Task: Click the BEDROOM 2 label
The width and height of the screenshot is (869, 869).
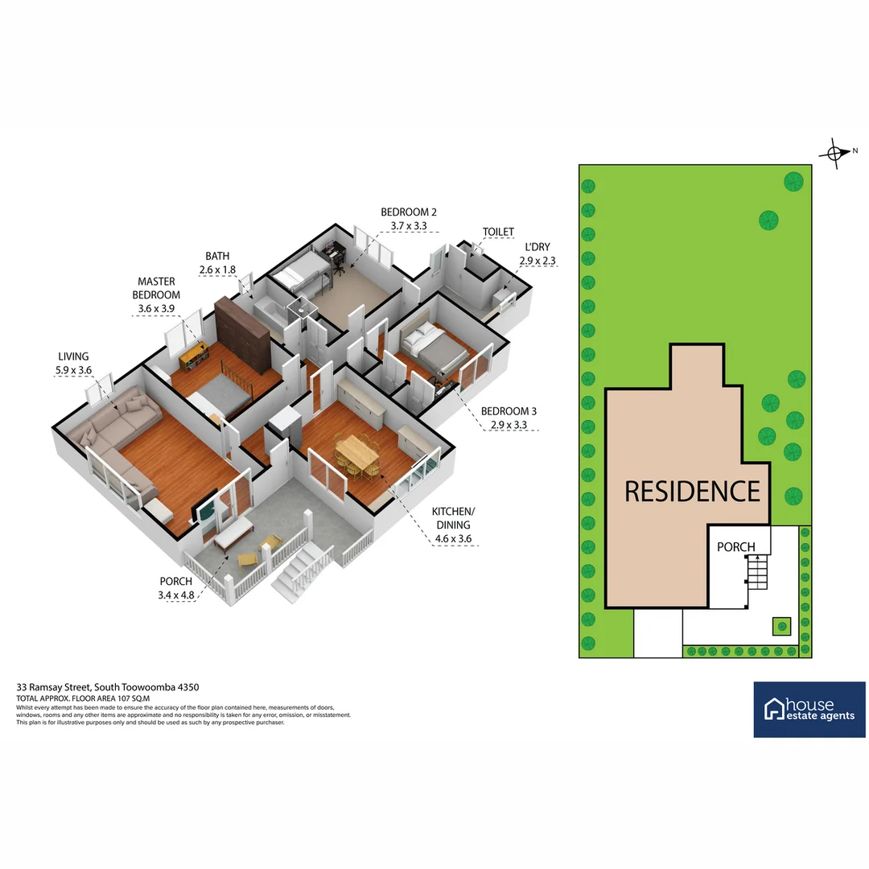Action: (x=409, y=212)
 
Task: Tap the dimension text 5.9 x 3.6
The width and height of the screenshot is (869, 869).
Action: (x=73, y=370)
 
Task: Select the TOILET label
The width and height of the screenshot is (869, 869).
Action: (x=498, y=232)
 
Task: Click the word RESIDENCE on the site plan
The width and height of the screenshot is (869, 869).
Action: (x=692, y=491)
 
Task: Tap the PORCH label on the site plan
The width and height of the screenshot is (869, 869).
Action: (x=736, y=547)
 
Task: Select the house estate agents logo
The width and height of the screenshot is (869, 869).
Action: (x=809, y=710)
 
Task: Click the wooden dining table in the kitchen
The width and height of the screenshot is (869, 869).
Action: (x=357, y=454)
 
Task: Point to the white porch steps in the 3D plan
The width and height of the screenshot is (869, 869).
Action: (x=303, y=568)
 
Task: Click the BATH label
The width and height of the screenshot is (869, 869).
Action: (x=217, y=257)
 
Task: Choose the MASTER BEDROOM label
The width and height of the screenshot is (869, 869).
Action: (x=156, y=288)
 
